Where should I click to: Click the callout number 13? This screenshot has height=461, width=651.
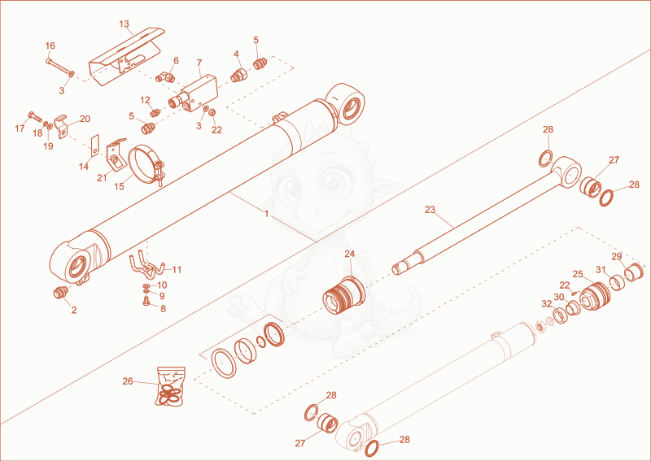(125, 24)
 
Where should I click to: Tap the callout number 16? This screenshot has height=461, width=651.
(50, 46)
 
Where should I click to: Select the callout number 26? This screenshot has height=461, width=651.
(128, 381)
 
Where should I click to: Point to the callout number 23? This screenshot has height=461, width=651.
(430, 210)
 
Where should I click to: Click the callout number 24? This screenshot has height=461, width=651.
(350, 254)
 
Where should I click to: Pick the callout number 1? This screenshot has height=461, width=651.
(267, 214)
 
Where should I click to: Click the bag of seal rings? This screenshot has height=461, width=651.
(171, 387)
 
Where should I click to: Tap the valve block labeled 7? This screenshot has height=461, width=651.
(199, 92)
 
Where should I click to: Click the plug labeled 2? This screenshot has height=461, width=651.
(59, 293)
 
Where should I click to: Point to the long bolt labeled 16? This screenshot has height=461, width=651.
(60, 67)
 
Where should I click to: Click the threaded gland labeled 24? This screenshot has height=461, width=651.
(343, 294)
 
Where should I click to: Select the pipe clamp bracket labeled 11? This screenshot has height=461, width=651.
(146, 268)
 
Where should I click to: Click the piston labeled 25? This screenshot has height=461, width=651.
(595, 296)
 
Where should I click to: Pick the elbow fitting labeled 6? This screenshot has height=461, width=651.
(165, 77)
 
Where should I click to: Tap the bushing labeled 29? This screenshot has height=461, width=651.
(634, 272)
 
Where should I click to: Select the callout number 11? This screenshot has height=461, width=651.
(177, 270)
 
